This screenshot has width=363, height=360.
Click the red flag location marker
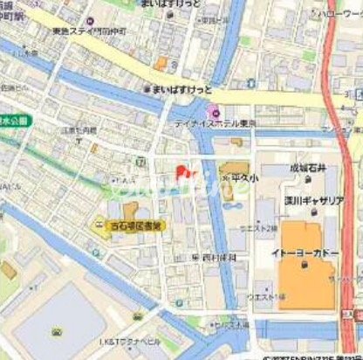[181, 171]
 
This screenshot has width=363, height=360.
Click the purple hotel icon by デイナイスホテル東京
[210, 112]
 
